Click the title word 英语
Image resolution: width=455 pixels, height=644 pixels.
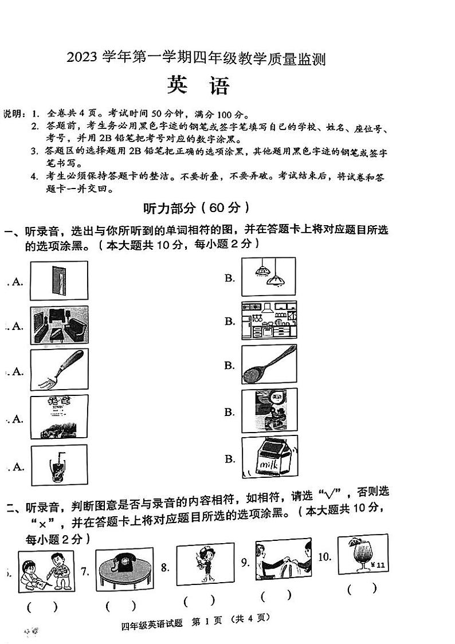coord(198,86)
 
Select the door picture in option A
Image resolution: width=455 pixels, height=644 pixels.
coord(58,281)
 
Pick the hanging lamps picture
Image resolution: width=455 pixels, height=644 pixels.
coord(268,276)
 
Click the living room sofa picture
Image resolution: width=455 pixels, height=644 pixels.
coord(59,325)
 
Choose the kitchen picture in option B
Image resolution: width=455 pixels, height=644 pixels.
coord(269,321)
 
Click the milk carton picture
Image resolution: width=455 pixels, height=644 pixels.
coord(269,457)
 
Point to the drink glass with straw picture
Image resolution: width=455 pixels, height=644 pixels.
coord(58,466)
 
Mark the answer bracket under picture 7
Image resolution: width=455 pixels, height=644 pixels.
coord(120,605)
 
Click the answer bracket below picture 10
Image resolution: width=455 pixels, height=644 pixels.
coord(362,588)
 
